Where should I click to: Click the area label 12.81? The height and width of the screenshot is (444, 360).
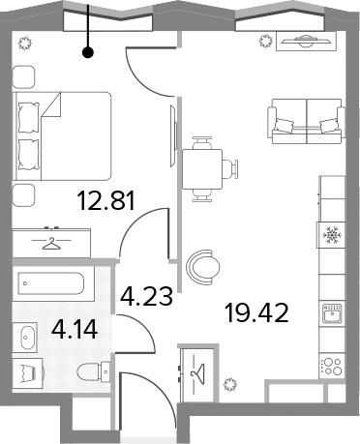[106, 200]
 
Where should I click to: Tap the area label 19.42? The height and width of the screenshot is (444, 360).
[256, 312]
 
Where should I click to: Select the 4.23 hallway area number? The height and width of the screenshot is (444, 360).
[146, 296]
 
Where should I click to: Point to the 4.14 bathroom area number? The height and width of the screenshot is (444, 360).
[75, 329]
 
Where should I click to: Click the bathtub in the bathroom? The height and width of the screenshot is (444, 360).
[51, 283]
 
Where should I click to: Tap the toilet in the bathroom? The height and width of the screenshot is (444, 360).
[94, 371]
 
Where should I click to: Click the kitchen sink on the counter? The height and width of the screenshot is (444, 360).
[332, 312]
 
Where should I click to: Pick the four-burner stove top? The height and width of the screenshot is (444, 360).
[332, 367]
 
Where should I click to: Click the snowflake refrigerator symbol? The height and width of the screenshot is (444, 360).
[332, 235]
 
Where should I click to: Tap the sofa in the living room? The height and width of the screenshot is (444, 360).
[306, 121]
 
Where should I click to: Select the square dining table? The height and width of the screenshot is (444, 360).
[202, 169]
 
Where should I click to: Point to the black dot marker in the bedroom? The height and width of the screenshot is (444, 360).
[88, 52]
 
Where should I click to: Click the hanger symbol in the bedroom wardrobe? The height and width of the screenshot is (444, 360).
[51, 243]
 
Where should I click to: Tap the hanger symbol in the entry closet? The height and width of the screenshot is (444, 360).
[197, 373]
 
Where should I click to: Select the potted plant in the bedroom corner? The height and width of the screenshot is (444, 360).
[25, 44]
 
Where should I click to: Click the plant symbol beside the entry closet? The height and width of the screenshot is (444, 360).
[230, 384]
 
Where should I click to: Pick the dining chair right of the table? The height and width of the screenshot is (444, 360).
[230, 168]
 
